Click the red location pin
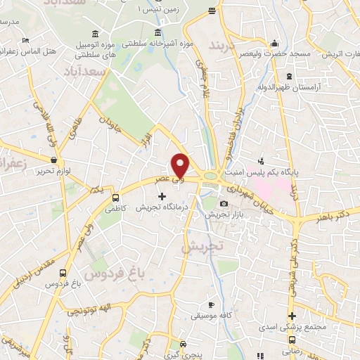181,164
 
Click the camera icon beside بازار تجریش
224,205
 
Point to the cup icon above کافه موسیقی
211,304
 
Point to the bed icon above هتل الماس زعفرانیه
26,41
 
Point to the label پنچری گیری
184,357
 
